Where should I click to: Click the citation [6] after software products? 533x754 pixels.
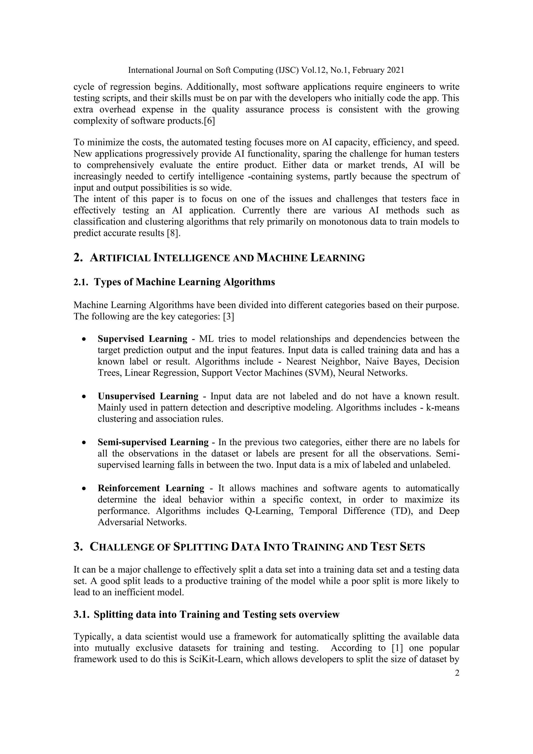[x=210, y=121]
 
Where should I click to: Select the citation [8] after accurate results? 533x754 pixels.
[x=174, y=233]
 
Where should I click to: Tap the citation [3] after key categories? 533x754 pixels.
[x=229, y=317]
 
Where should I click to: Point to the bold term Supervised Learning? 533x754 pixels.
[x=142, y=339]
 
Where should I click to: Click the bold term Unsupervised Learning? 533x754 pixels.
[x=148, y=396]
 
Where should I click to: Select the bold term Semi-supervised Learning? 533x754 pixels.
[x=153, y=442]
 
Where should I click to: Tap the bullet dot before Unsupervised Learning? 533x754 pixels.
[x=85, y=397]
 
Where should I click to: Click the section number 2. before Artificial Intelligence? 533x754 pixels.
[x=78, y=258]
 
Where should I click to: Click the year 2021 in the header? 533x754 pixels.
[x=396, y=70]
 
